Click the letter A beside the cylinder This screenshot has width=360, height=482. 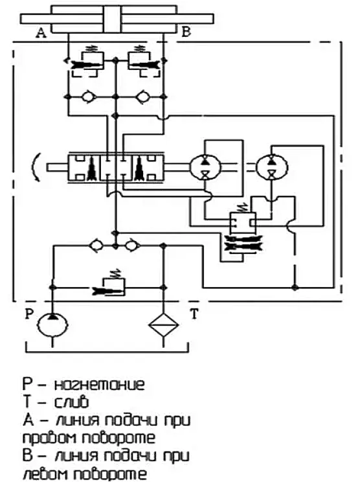pos(41,32)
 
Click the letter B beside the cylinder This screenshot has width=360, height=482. pos(186,32)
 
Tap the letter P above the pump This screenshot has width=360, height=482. pos(29,314)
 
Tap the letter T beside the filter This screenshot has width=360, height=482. pos(194,314)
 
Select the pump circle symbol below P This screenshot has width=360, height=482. pos(52,325)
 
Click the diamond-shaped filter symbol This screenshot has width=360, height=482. pos(163,325)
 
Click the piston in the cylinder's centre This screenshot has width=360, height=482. pos(113,19)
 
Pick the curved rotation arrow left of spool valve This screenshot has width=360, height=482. pos(36,167)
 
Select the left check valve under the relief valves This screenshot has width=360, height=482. pos(89,97)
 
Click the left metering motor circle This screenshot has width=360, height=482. pos(205,167)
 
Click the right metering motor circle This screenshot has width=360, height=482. pos(271,167)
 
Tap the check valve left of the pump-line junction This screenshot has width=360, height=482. pos(96,246)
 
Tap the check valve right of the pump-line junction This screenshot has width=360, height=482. pos(132,246)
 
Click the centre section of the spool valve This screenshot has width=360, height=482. pos(116,168)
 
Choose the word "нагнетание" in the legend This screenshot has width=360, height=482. pos(99,385)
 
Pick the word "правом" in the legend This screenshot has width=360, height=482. pos(49,439)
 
